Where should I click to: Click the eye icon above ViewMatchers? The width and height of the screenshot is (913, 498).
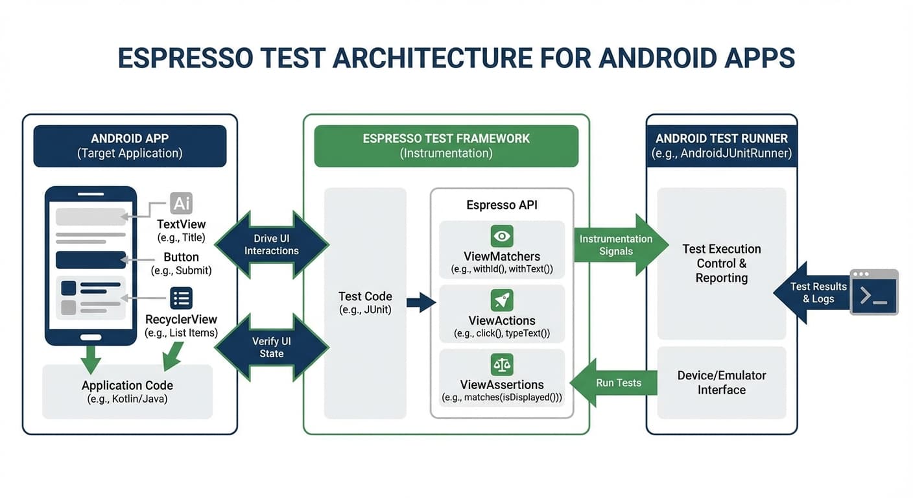click(x=501, y=236)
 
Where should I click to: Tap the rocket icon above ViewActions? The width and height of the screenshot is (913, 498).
click(x=501, y=300)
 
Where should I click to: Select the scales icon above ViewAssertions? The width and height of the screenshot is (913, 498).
click(x=501, y=364)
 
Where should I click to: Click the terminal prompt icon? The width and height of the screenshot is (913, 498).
click(x=874, y=292)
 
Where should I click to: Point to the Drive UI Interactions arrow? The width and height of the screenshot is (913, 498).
click(x=272, y=245)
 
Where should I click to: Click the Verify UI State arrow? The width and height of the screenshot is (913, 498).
click(x=272, y=348)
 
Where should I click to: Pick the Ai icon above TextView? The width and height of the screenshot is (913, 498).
click(x=181, y=204)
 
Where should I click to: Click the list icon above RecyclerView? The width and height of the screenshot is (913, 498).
click(x=181, y=298)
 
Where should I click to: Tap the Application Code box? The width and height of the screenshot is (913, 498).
click(x=127, y=392)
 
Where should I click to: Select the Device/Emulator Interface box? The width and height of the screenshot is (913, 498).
click(x=721, y=383)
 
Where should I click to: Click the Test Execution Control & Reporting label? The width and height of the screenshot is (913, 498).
click(x=721, y=263)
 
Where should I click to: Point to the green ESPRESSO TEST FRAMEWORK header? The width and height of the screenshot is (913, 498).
click(x=446, y=146)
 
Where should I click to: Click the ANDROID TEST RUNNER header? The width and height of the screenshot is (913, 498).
click(x=721, y=146)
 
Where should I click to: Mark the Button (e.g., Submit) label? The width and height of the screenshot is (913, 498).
click(x=181, y=263)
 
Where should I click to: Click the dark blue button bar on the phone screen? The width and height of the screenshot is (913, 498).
click(x=91, y=259)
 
